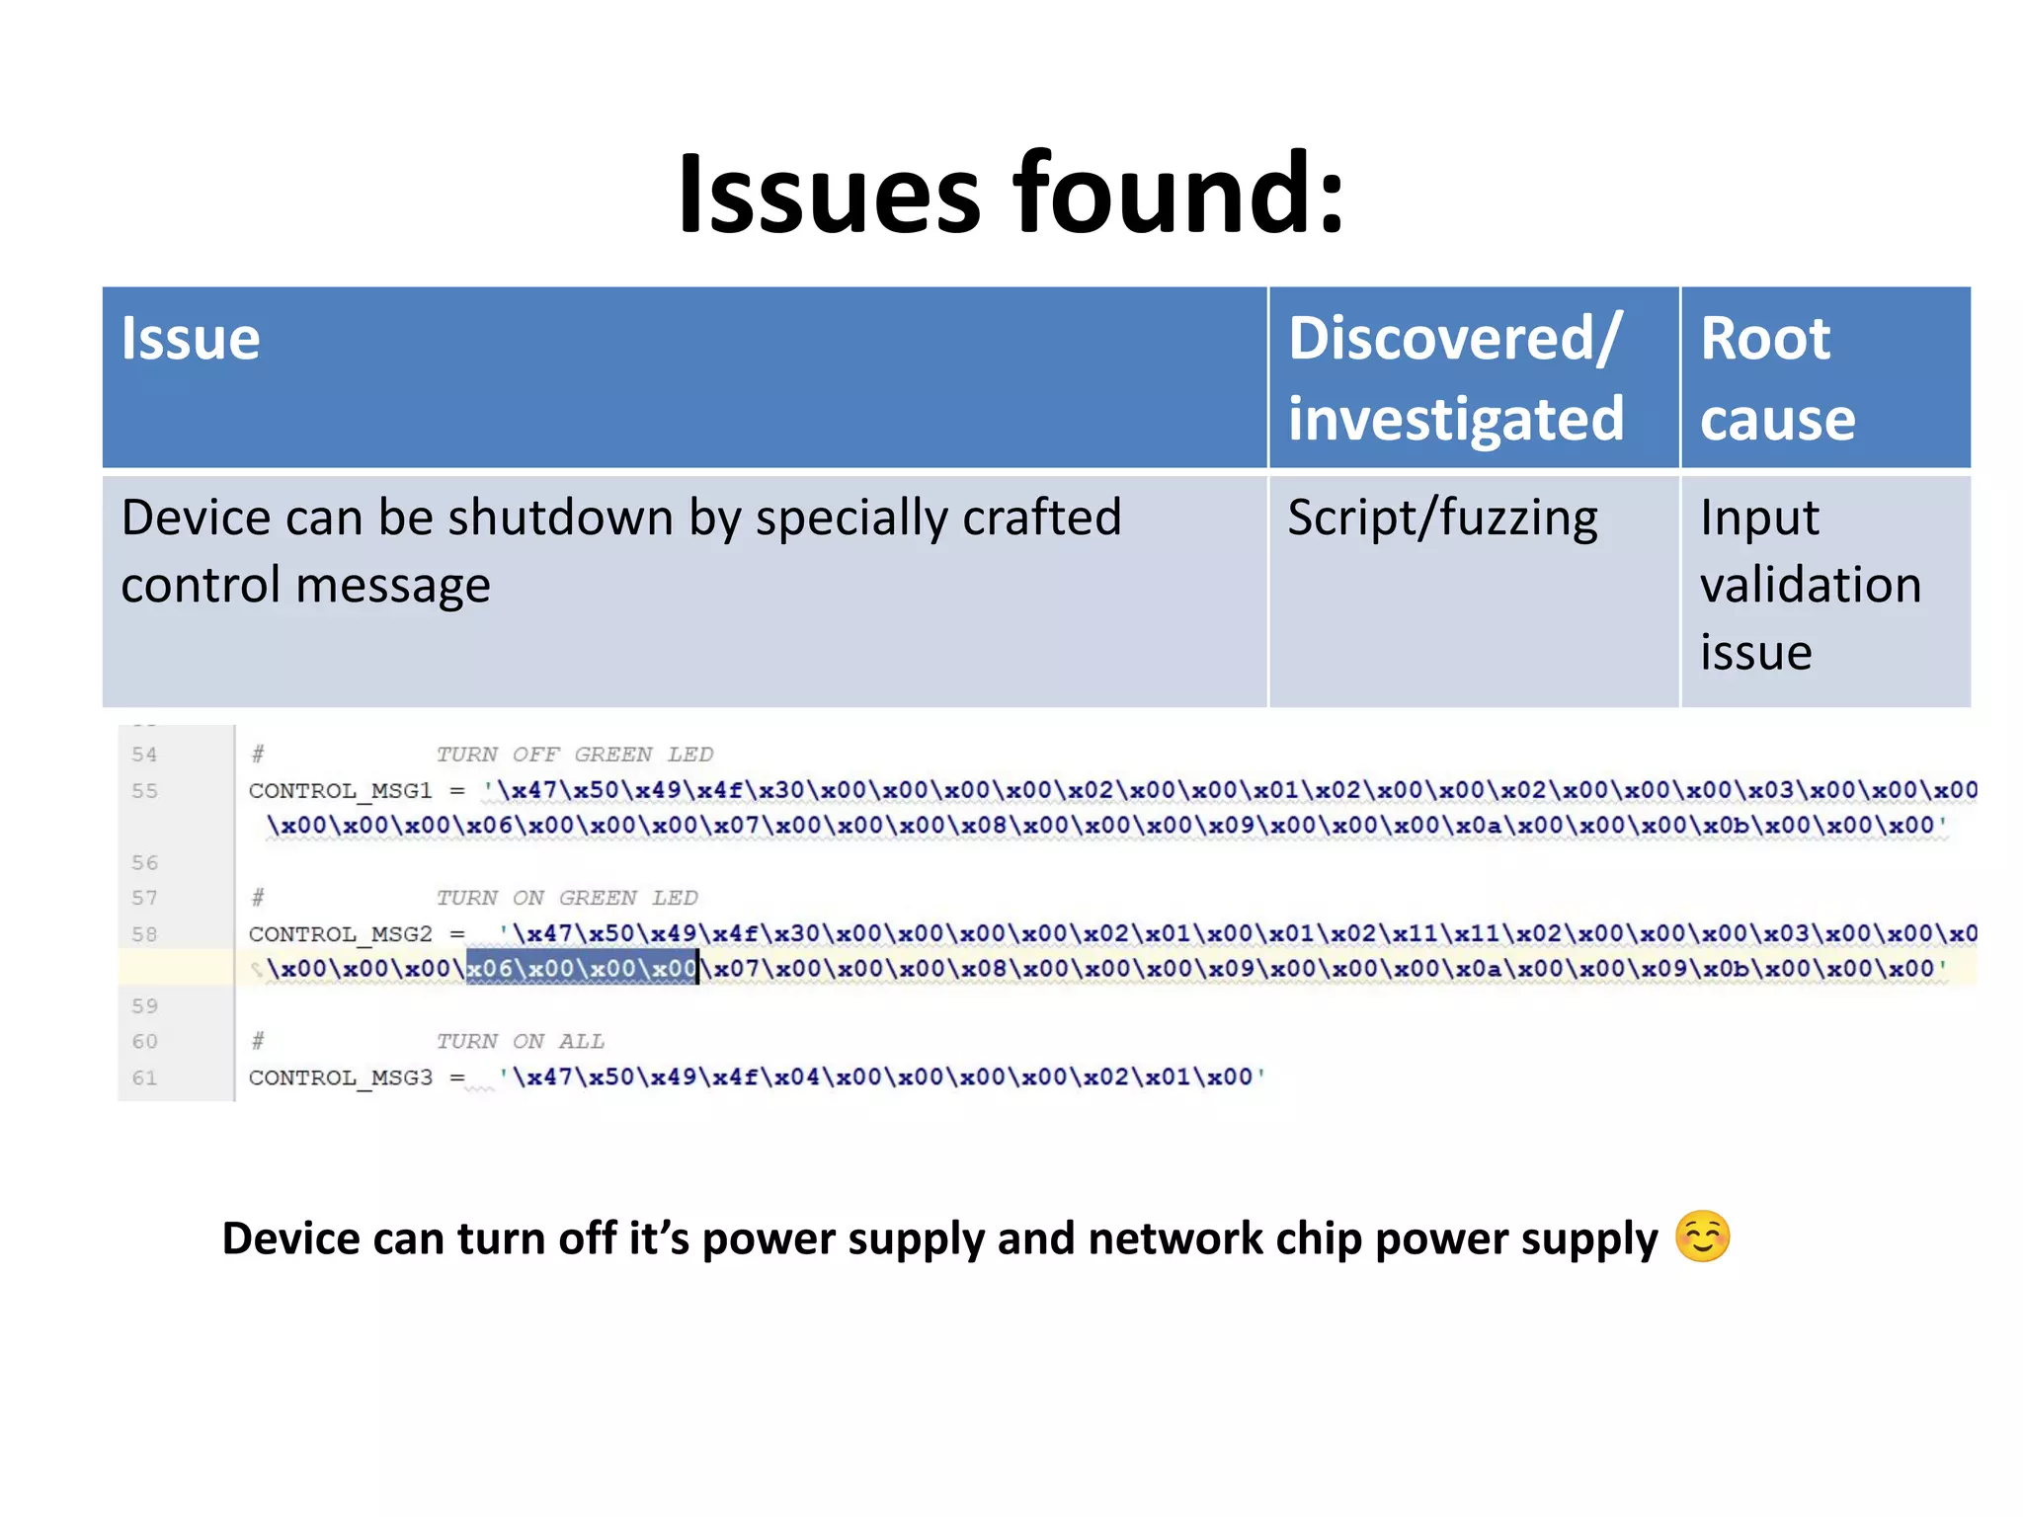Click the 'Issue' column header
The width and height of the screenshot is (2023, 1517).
[191, 339]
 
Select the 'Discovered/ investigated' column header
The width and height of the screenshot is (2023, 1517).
[1456, 378]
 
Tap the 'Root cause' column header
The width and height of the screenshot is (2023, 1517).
[1778, 378]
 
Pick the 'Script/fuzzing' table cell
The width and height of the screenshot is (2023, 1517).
[1442, 519]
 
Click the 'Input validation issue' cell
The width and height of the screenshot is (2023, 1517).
[1811, 585]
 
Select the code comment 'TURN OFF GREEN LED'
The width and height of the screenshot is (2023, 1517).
[574, 755]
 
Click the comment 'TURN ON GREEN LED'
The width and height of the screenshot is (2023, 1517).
[567, 898]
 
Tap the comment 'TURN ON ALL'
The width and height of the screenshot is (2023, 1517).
[520, 1041]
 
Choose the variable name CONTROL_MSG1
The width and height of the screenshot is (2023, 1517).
[340, 791]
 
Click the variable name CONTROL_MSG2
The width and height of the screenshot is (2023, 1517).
[340, 934]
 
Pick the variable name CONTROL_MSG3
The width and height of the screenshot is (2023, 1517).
[340, 1078]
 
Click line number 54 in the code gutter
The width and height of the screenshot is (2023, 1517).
[144, 755]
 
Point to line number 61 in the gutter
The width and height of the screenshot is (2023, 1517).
[144, 1078]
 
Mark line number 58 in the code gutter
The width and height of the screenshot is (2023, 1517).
[144, 934]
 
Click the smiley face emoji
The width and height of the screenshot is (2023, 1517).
[1703, 1237]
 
